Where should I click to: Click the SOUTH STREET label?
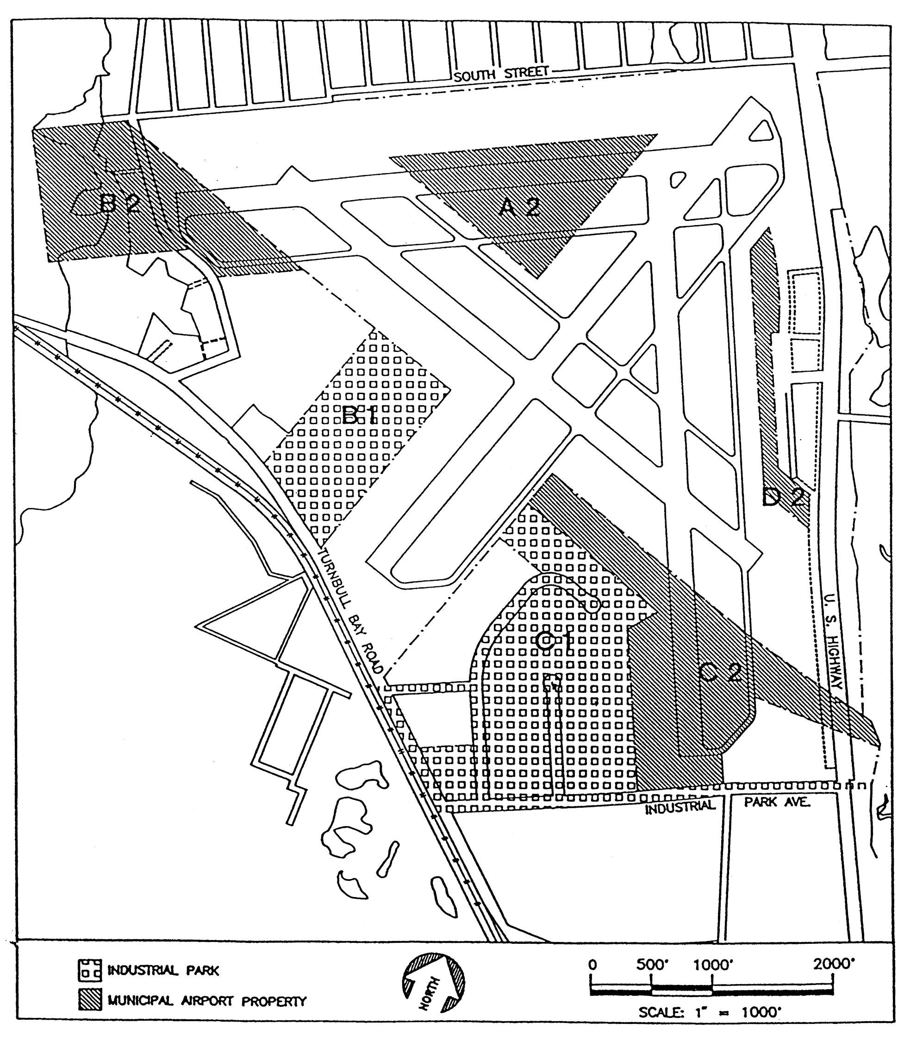(500, 74)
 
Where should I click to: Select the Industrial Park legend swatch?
(90, 969)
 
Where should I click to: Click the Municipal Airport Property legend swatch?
(90, 999)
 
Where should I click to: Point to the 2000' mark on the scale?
(834, 964)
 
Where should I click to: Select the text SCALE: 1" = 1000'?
(709, 1013)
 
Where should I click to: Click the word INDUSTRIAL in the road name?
(680, 806)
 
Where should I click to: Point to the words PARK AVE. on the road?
(777, 802)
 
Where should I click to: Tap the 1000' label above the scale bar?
(713, 965)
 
